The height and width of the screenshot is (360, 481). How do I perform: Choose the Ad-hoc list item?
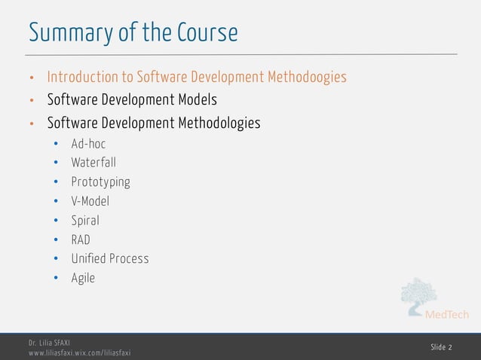[x=88, y=142]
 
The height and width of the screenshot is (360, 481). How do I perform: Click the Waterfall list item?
[x=93, y=162]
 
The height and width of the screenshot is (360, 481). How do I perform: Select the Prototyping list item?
[x=100, y=182]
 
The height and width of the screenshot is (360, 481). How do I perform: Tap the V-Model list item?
[x=90, y=201]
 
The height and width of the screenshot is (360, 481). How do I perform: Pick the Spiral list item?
[x=85, y=221]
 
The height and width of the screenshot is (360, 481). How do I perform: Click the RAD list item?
[x=81, y=240]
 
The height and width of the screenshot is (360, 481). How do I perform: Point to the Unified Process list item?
[x=110, y=258]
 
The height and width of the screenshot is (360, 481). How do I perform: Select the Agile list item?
[x=83, y=278]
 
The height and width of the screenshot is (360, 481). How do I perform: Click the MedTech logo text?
[x=448, y=315]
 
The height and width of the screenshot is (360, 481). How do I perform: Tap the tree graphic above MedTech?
[x=418, y=295]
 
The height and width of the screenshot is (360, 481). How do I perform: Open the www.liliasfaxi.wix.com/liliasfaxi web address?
[x=79, y=352]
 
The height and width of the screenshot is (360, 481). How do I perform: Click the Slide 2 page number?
[x=442, y=347]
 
